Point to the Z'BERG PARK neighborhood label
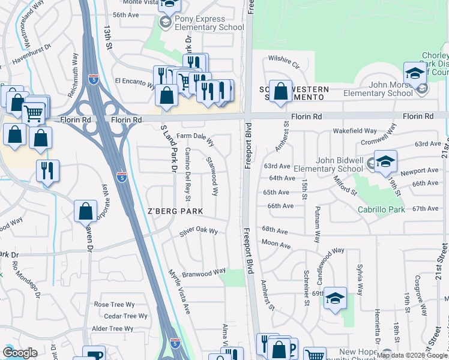click(175, 211)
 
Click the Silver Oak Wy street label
click(198, 232)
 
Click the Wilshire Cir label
click(283, 60)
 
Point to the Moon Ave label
click(276, 245)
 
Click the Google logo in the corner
click(20, 353)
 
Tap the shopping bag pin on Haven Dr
click(85, 211)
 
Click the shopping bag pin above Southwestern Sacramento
click(280, 91)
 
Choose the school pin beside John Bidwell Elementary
click(385, 161)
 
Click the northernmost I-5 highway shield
click(93, 79)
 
